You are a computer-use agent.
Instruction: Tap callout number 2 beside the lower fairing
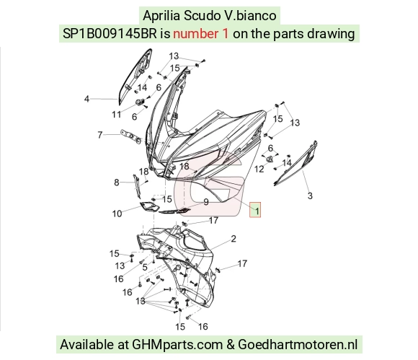coord(234,238)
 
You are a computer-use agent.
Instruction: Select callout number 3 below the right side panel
coord(310,196)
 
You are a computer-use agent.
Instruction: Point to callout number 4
coord(86,99)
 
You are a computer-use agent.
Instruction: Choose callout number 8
coord(117,183)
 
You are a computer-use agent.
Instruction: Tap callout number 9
coord(206,202)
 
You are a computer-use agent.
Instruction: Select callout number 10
coord(117,214)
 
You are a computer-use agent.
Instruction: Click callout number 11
coord(117,115)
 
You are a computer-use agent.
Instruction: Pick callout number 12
coord(259,169)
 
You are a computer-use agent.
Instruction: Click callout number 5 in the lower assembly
coord(145,267)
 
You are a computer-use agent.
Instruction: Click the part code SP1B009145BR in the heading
coord(110,34)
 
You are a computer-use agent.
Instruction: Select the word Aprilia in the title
coord(161,15)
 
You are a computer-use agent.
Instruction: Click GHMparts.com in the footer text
coord(177,345)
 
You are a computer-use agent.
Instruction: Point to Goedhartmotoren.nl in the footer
coord(298,344)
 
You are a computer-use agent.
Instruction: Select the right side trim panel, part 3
coord(296,163)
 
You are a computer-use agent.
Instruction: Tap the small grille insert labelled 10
coord(150,206)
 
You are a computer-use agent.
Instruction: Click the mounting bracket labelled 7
coord(130,137)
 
